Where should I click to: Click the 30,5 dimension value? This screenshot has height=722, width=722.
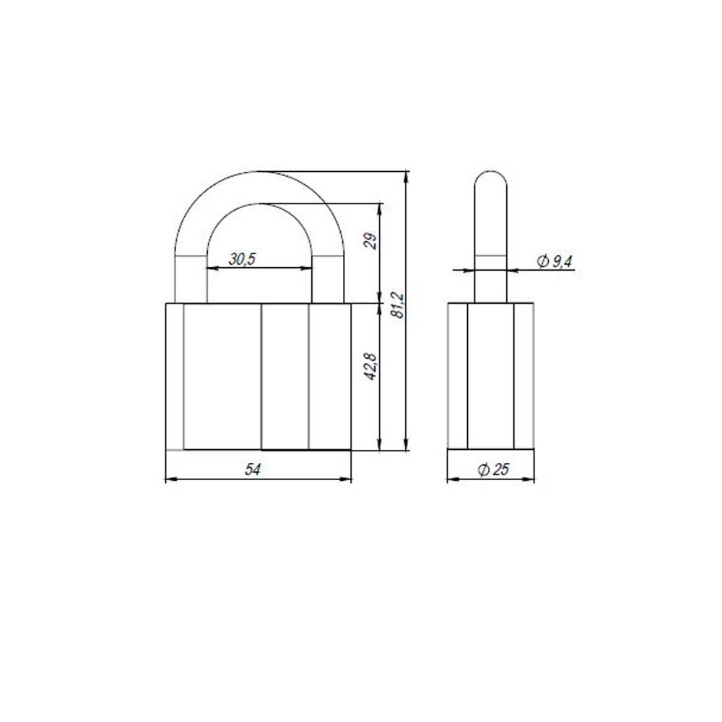click(243, 260)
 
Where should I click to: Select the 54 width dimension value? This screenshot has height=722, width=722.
click(252, 469)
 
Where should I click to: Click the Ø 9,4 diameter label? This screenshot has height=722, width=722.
click(554, 262)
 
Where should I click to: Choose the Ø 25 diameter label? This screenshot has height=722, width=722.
click(493, 470)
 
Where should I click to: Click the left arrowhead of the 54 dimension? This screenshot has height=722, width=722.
click(170, 479)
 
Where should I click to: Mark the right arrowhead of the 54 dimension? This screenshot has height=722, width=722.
click(347, 479)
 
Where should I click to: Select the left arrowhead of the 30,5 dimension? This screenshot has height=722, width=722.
click(212, 269)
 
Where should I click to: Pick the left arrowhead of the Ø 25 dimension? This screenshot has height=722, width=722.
click(451, 479)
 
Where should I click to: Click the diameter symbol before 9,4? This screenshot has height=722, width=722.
click(542, 262)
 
